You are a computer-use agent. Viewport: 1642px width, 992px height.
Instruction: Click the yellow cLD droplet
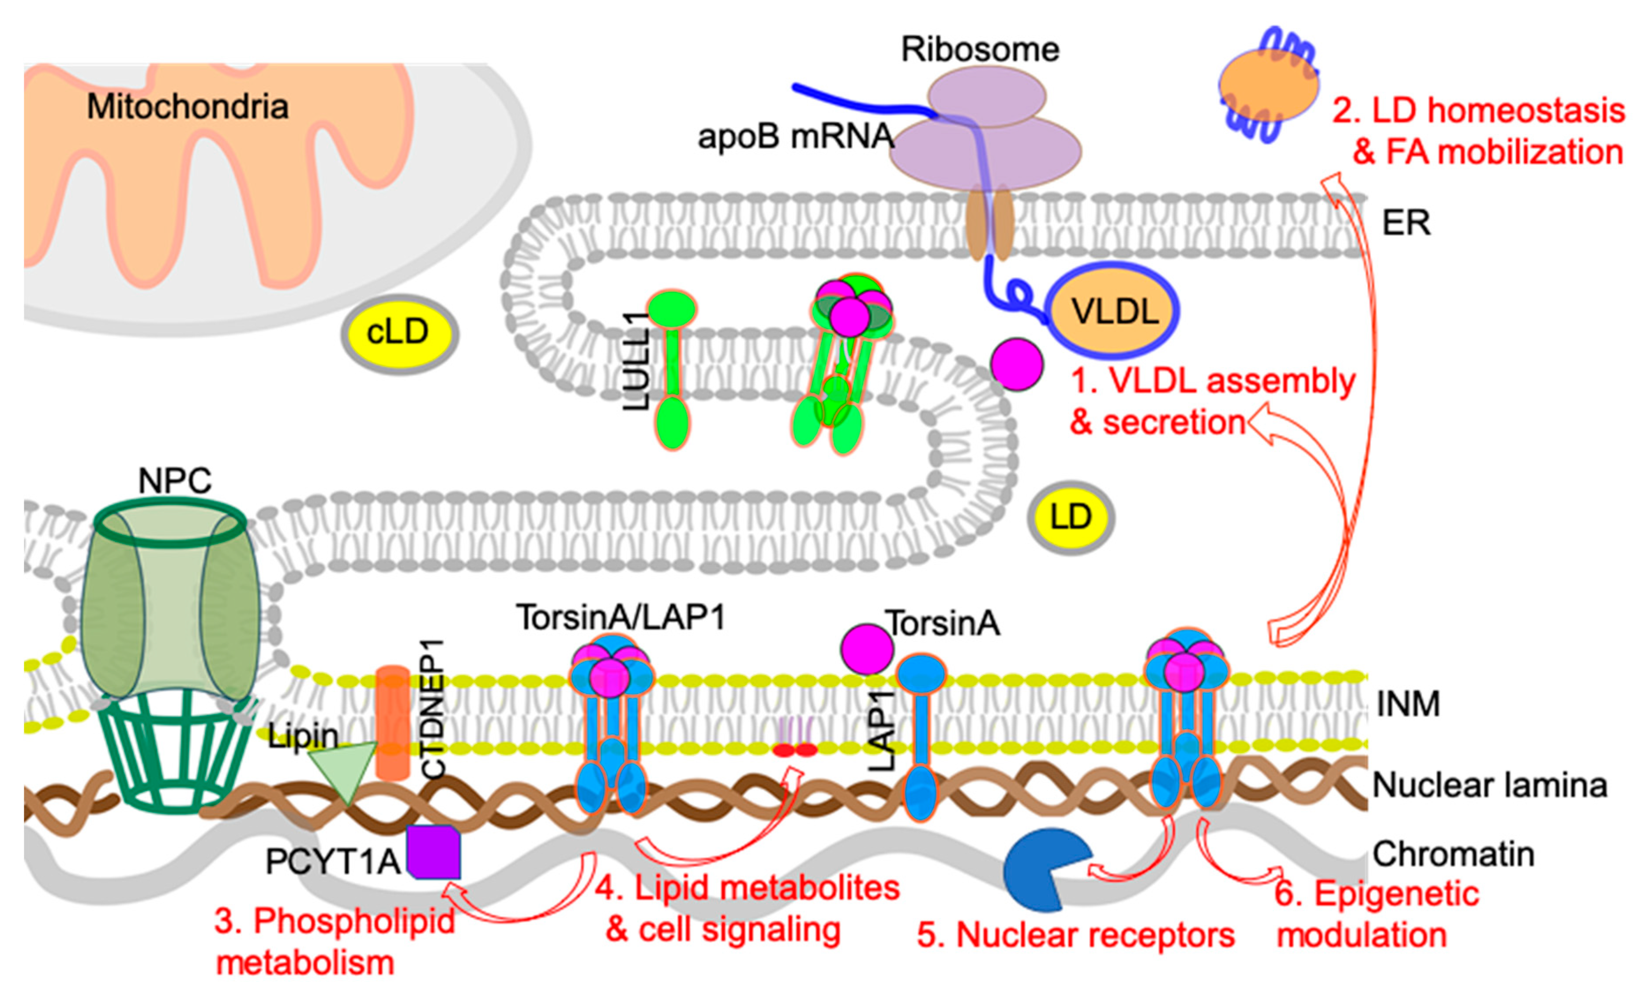pos(399,333)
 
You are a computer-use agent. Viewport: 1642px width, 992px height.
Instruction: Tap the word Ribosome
pos(980,50)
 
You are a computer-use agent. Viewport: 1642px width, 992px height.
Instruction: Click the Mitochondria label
pos(188,107)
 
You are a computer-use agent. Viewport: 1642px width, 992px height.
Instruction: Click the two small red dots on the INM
pos(795,750)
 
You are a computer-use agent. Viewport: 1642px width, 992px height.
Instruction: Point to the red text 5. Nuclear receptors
pos(1075,936)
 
